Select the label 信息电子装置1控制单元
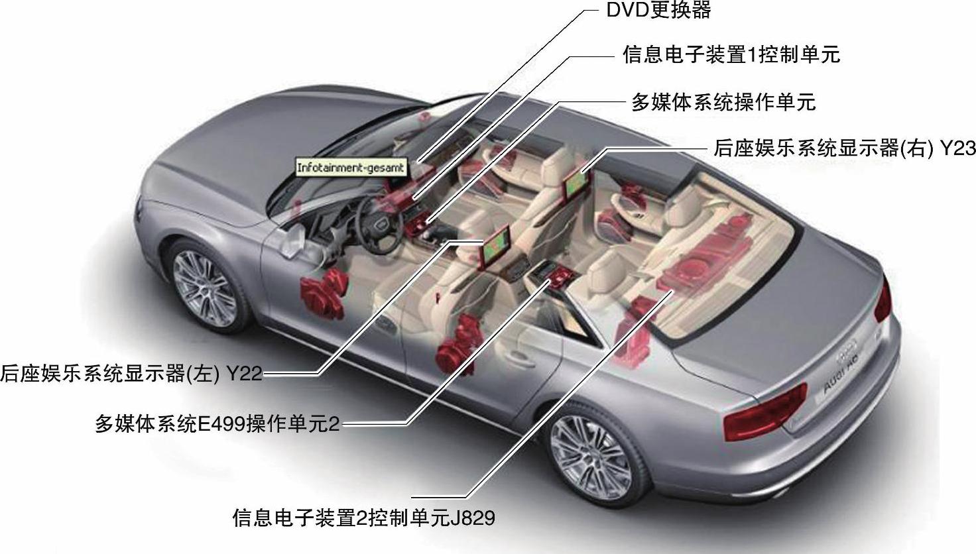pos(731,54)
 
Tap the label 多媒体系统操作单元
pos(723,102)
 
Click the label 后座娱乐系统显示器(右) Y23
pos(844,148)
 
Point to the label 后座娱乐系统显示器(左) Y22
pos(131,374)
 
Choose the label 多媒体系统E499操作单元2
pos(217,423)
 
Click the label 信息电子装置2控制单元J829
pos(363,518)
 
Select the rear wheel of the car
pos(581,456)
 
